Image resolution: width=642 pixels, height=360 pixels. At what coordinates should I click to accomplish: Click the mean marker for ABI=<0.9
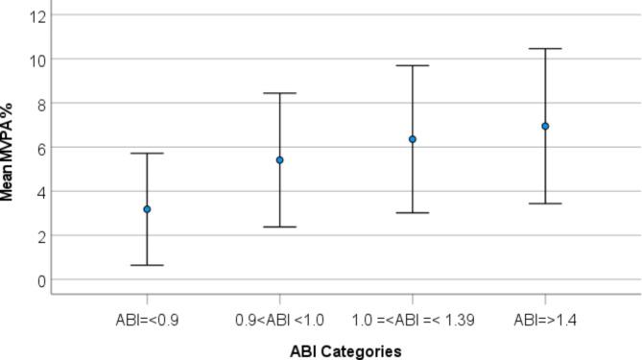point(147,209)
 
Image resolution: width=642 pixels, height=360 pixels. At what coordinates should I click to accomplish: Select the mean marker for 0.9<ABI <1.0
point(280,159)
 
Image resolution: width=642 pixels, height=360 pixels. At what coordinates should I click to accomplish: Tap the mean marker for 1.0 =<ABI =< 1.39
point(413,139)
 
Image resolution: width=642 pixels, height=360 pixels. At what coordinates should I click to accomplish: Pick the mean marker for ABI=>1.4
point(545,126)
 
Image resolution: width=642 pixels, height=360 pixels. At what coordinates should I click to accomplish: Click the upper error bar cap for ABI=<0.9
point(147,154)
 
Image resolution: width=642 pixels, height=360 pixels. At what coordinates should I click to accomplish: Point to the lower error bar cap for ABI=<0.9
point(147,265)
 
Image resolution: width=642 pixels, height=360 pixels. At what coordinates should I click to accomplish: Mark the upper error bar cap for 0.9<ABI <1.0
point(280,93)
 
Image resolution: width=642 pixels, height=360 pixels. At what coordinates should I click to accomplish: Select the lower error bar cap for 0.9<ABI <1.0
point(280,227)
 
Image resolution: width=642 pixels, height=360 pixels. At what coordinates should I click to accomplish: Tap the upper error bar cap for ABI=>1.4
point(545,49)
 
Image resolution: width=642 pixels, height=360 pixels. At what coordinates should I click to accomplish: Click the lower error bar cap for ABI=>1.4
point(545,204)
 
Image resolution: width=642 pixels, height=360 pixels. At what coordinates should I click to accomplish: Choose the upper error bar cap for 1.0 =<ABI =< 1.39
point(413,65)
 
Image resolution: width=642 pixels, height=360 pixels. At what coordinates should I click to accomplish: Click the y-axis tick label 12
point(38,15)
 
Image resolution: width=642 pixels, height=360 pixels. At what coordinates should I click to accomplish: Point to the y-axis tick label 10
point(38,60)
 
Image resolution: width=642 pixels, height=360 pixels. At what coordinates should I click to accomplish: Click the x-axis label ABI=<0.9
point(147,317)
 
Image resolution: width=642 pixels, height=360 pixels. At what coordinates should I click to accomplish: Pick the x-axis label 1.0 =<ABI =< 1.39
point(413,317)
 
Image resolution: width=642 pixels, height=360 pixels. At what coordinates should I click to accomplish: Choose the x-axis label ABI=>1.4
point(545,317)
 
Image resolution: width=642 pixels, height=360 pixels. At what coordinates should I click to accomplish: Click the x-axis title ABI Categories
point(345,350)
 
